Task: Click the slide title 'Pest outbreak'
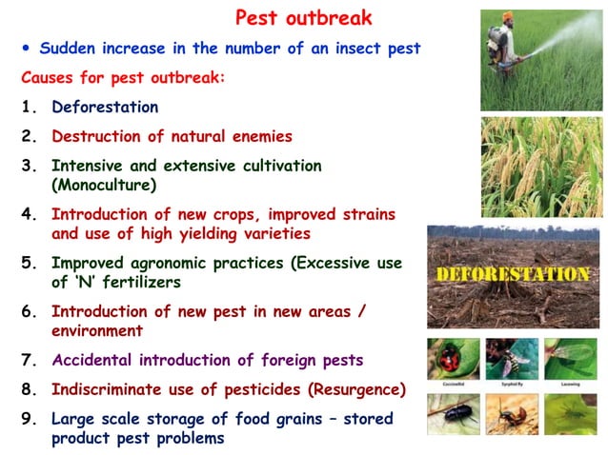pos(303,18)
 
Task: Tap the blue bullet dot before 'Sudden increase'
pos(28,48)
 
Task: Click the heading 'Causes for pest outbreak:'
pos(123,77)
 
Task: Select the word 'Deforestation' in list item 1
pos(105,107)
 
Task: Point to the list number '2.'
pos(28,136)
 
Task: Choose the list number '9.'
pos(28,418)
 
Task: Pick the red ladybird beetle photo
pos(453,360)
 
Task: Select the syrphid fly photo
pos(513,360)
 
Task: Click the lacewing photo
pos(572,360)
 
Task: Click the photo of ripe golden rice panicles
pos(541,166)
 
